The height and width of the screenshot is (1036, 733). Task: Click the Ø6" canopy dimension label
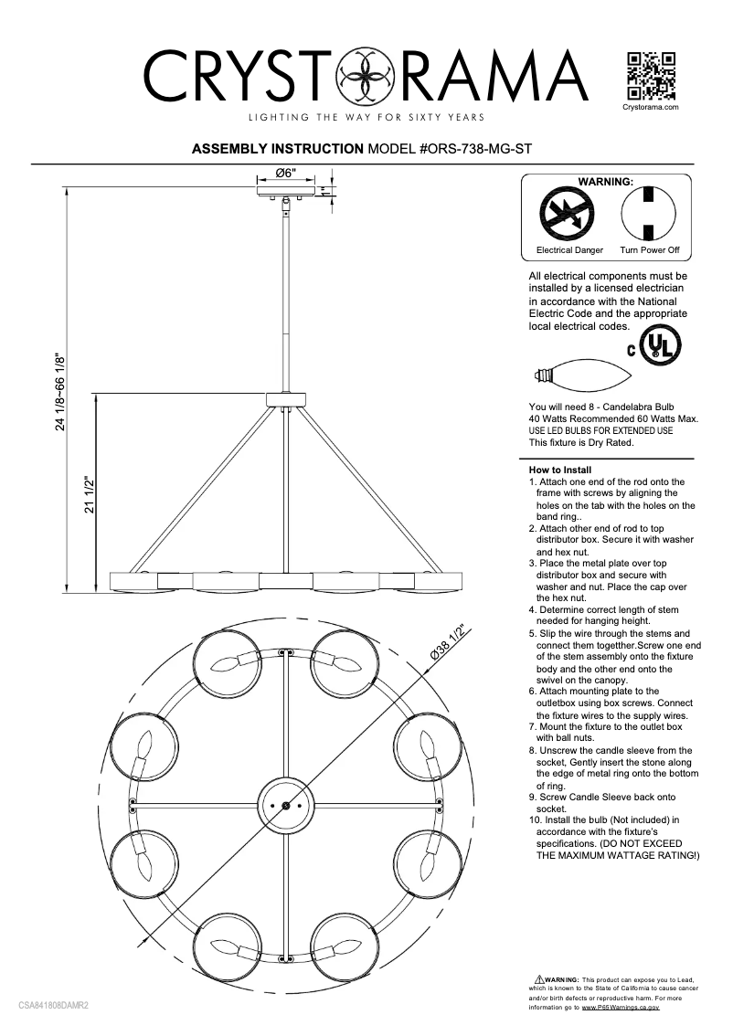pyautogui.click(x=285, y=174)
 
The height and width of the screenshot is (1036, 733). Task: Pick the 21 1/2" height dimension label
pyautogui.click(x=90, y=494)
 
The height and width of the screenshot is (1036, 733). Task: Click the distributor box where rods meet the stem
pyautogui.click(x=287, y=399)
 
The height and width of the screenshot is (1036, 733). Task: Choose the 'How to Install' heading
pyautogui.click(x=560, y=470)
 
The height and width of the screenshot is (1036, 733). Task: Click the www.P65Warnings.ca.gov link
pyautogui.click(x=621, y=1007)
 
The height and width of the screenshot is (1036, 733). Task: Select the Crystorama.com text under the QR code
pyautogui.click(x=650, y=107)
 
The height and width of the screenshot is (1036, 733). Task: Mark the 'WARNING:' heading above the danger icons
pyautogui.click(x=606, y=182)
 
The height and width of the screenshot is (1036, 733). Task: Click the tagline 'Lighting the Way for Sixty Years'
pyautogui.click(x=366, y=118)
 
